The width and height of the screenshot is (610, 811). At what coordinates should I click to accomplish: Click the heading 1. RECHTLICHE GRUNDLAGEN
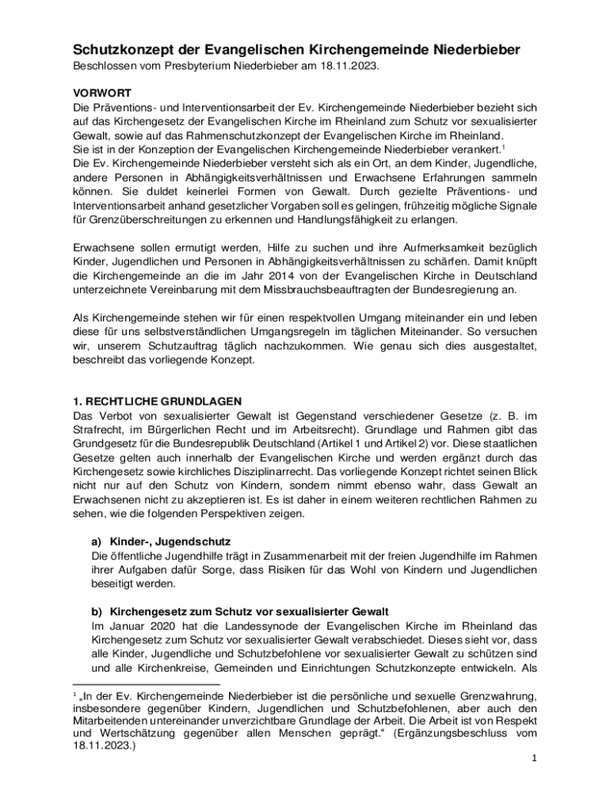coord(158,401)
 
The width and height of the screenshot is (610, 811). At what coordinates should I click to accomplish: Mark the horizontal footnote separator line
coord(139,683)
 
